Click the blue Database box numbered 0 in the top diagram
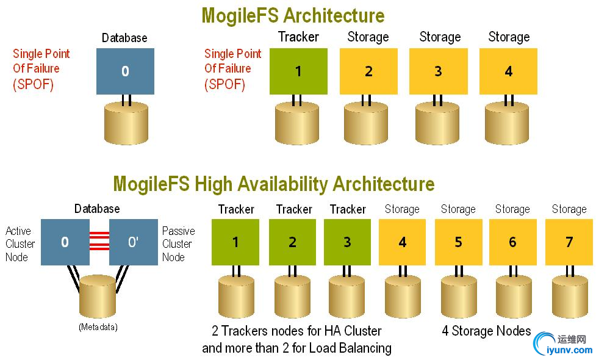125,71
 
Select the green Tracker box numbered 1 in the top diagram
298,71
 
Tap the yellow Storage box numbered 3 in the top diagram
438,71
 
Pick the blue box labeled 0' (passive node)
133,242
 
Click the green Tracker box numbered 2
292,242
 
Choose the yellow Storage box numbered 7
569,242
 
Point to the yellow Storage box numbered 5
458,242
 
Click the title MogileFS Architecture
293,15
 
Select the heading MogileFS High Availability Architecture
274,184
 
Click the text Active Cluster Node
20,244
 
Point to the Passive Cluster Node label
179,244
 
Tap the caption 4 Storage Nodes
486,331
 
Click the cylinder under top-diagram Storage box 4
508,124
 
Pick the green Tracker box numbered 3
347,242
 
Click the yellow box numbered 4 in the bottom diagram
403,242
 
